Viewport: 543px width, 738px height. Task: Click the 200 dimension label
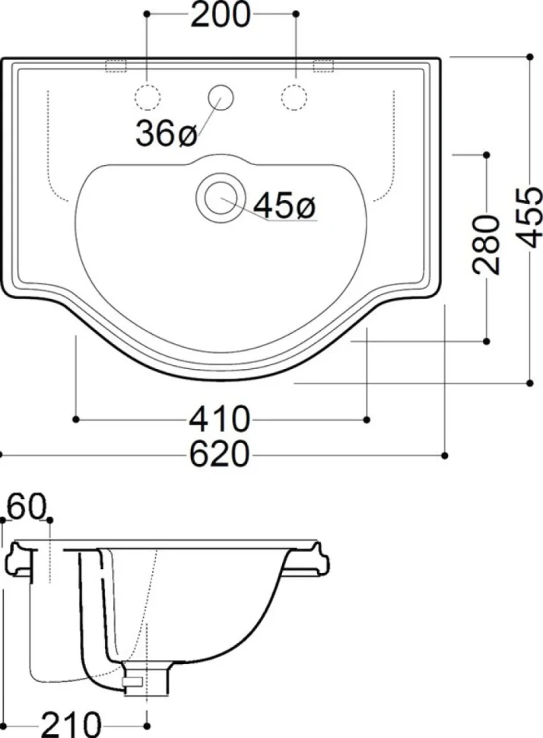[x=221, y=15]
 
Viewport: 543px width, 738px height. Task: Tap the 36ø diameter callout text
[x=166, y=133]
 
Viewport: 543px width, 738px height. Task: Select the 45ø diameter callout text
[x=285, y=205]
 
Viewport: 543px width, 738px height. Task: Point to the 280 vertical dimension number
[x=486, y=244]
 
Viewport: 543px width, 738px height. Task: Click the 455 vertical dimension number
[x=529, y=217]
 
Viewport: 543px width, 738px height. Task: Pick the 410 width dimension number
[x=220, y=419]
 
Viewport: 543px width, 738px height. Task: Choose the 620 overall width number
[x=220, y=455]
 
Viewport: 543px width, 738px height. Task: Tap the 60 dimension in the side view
[x=27, y=506]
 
